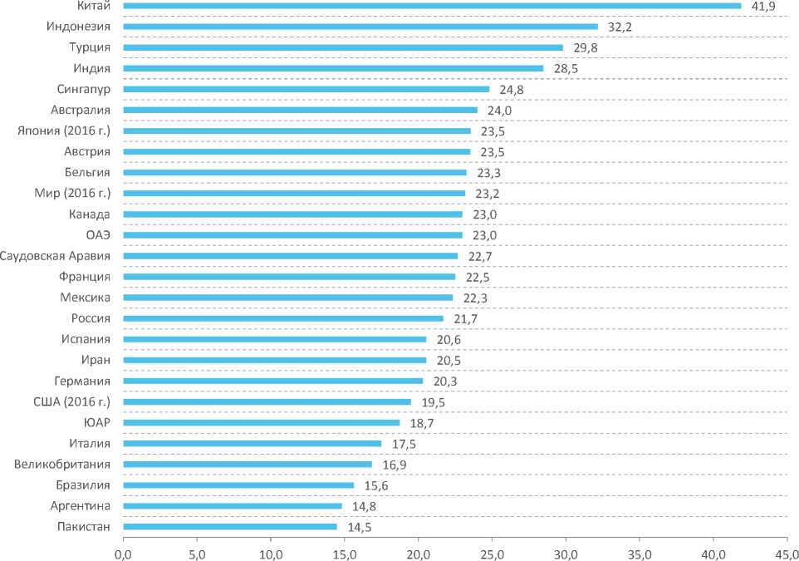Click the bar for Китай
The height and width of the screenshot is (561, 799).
click(432, 6)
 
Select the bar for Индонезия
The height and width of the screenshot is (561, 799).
click(360, 27)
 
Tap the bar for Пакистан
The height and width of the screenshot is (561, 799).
click(230, 526)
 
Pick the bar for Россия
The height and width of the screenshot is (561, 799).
click(283, 318)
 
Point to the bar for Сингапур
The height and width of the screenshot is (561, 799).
click(306, 89)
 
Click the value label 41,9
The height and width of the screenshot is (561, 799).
click(762, 7)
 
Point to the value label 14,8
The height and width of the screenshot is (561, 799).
click(362, 506)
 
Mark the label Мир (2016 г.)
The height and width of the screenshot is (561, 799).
click(76, 193)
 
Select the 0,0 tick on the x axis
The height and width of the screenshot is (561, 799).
click(124, 551)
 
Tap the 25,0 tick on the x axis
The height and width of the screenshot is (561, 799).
click(493, 551)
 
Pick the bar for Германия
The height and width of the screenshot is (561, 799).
click(273, 381)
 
